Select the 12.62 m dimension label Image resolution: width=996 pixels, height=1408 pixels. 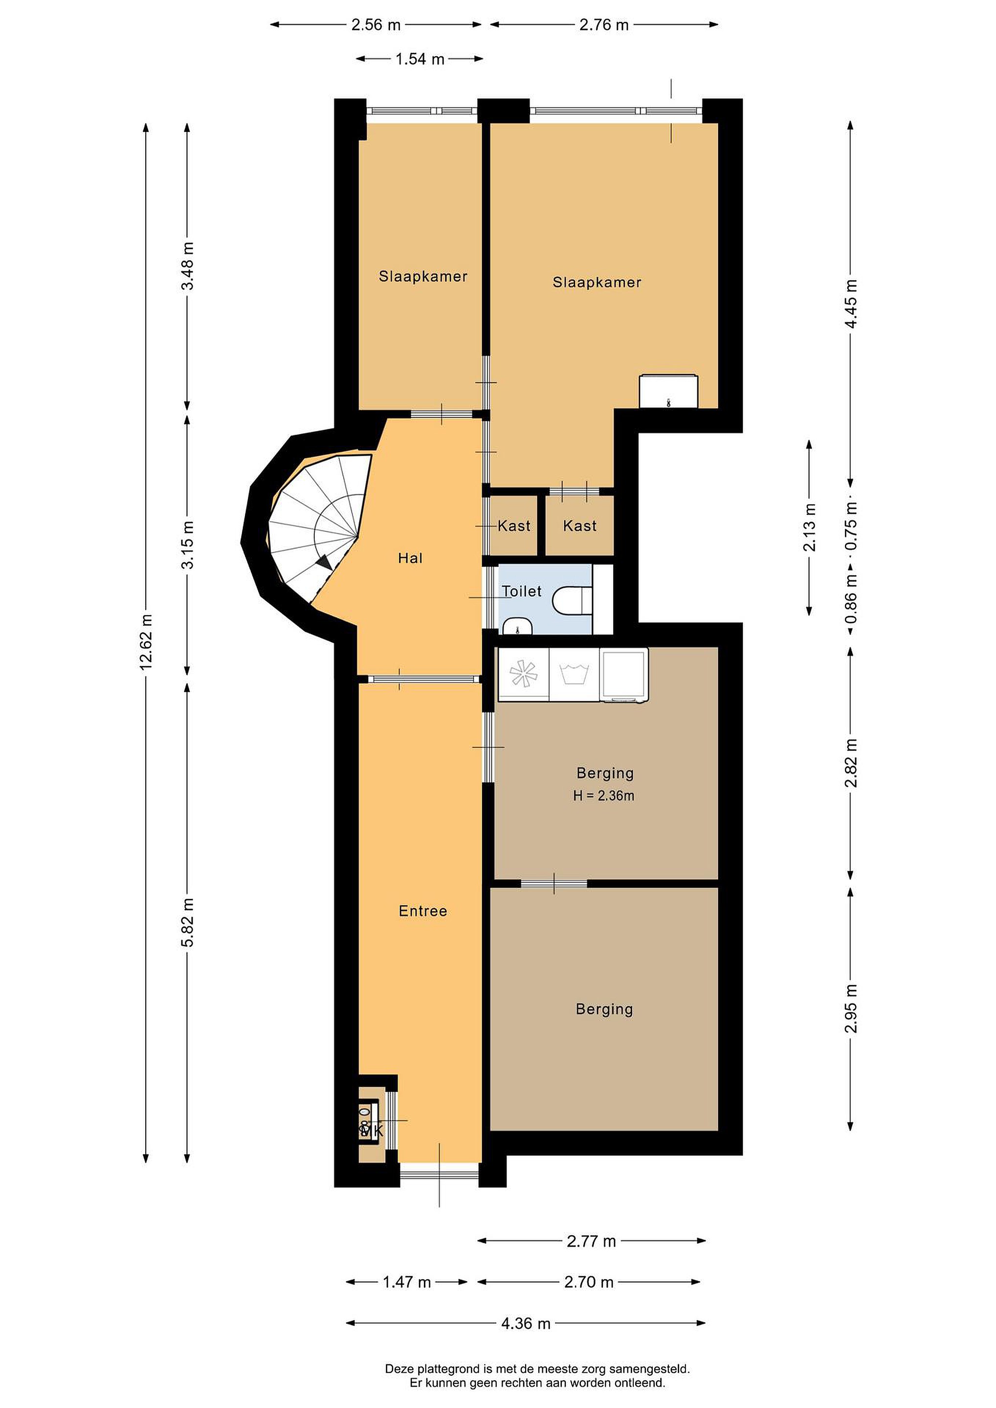(x=146, y=641)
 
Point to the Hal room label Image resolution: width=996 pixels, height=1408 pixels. (x=410, y=558)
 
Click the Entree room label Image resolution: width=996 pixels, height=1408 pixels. (x=422, y=911)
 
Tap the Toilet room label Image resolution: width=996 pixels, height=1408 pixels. (x=521, y=591)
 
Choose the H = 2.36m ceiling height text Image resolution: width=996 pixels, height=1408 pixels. (x=603, y=796)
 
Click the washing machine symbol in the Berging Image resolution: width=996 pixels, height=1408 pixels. (x=575, y=674)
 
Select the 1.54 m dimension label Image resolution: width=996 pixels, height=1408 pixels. (x=420, y=59)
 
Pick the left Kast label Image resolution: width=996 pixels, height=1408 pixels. (x=514, y=526)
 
